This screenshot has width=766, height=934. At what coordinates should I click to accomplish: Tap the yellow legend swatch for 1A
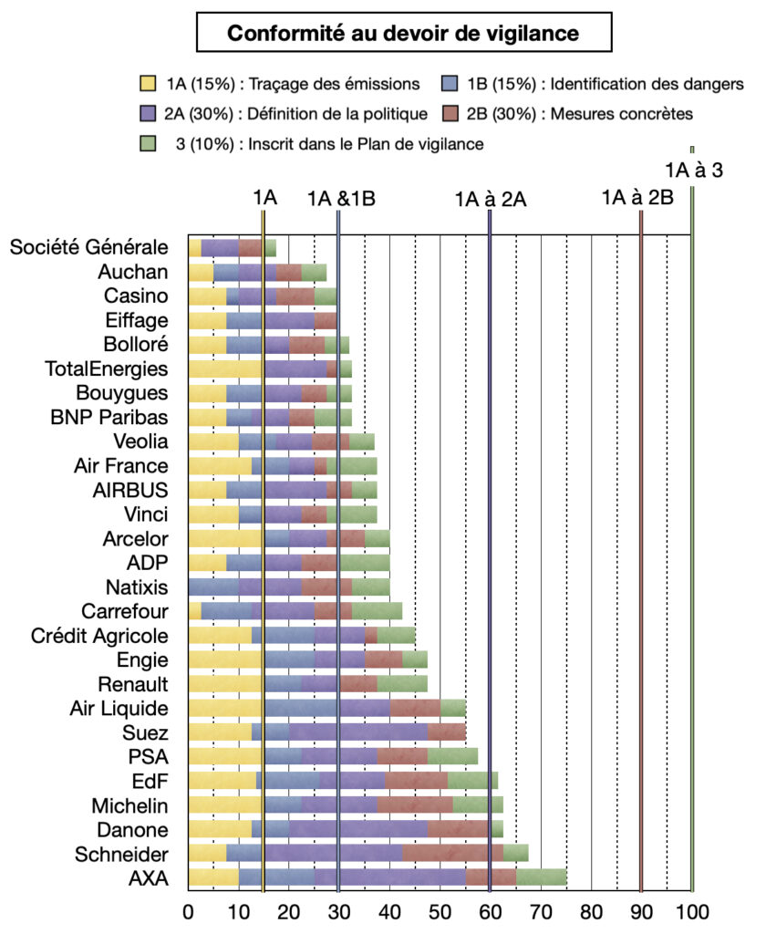tap(146, 84)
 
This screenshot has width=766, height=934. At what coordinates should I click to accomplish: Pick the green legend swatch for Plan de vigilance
tap(146, 143)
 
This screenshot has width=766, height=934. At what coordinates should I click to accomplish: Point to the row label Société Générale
tap(89, 247)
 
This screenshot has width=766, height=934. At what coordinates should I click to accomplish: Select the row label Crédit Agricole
tap(99, 636)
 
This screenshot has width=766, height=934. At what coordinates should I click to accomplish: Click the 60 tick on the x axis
tap(491, 910)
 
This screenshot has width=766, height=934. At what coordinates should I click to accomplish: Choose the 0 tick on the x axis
tap(189, 910)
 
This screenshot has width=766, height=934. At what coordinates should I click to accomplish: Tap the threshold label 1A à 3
tap(694, 170)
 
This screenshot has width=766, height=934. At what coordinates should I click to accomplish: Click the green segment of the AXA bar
tap(542, 878)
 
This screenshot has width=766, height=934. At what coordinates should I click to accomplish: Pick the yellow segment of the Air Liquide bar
tap(226, 709)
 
